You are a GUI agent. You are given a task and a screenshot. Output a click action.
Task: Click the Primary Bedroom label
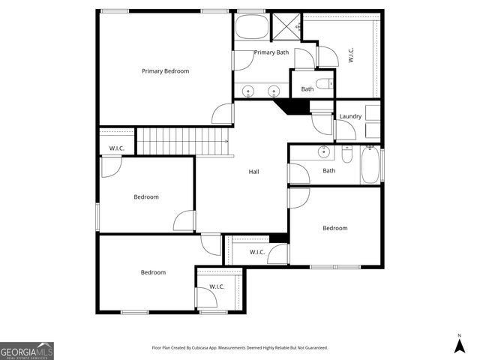(165, 71)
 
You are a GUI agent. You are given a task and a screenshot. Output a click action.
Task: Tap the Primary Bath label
(271, 52)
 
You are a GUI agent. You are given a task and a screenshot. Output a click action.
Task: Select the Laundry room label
(350, 116)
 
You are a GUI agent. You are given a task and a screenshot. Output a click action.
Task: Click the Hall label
(254, 172)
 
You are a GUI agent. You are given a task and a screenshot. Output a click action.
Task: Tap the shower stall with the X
(284, 27)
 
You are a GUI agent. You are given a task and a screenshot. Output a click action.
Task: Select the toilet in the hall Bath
(346, 154)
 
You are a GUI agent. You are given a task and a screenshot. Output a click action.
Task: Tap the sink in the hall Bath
(324, 153)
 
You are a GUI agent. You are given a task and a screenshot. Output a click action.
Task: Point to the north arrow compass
(459, 344)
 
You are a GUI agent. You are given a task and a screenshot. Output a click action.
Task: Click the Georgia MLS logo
(27, 350)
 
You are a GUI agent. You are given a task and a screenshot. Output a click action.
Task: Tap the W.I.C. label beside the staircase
(116, 148)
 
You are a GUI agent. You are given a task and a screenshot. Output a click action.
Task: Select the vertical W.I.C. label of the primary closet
(350, 55)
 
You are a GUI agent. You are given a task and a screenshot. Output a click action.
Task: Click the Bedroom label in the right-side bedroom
(334, 228)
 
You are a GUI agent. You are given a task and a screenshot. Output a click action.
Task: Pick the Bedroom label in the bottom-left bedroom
(153, 272)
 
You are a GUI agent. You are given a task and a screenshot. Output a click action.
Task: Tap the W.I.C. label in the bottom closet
(217, 286)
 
